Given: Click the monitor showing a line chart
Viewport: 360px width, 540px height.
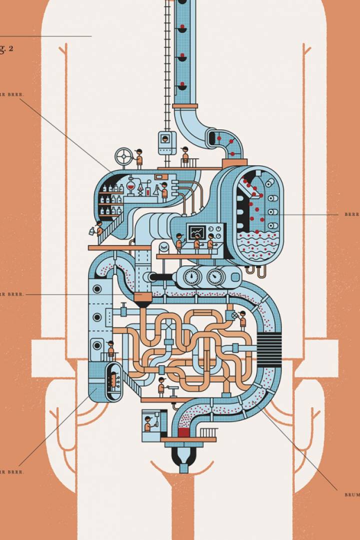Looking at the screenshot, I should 196,232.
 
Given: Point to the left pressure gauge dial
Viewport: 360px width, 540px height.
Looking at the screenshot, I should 191,276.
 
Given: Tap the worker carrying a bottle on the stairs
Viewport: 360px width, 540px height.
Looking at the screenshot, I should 99,229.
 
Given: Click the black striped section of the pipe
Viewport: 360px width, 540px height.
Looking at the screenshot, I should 268,345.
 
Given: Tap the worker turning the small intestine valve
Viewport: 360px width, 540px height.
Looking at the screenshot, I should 242,319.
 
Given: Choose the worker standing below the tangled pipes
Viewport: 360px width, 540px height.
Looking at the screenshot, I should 161,386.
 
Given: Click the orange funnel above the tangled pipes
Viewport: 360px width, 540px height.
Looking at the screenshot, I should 142,301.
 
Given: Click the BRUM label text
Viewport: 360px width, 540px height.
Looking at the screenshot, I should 351,495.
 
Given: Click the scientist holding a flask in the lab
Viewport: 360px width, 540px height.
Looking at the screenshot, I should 163,191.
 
